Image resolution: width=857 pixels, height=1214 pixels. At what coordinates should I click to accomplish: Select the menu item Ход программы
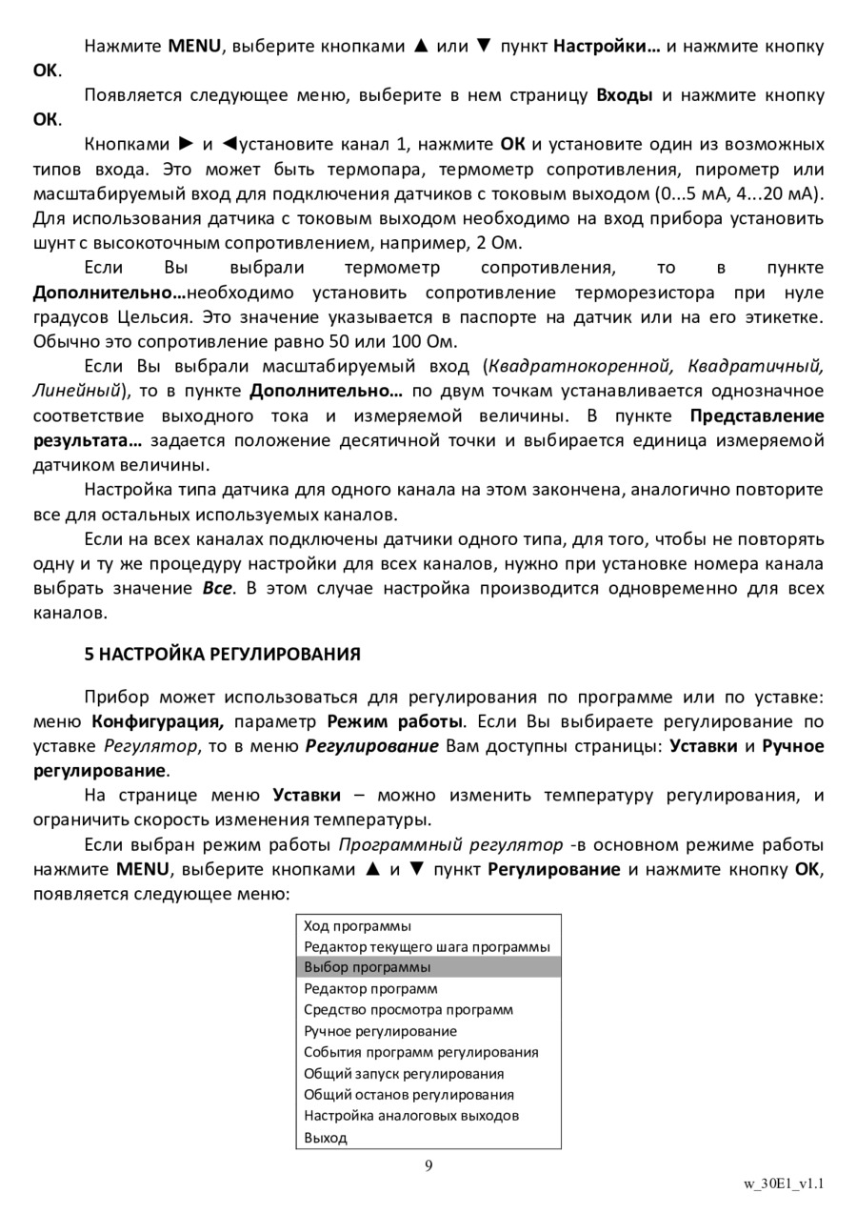coord(357,925)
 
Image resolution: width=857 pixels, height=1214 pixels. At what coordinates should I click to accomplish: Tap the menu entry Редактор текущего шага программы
coord(427,946)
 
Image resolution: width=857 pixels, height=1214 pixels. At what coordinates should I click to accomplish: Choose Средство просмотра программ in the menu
coord(408,1009)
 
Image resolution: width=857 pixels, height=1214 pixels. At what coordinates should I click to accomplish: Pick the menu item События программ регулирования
coord(421,1052)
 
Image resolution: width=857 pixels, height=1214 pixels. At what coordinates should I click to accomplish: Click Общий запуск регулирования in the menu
coord(404,1073)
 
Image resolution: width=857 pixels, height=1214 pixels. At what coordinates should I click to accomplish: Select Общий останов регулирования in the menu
coord(409,1094)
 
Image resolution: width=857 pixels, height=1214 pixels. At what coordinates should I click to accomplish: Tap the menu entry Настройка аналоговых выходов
coord(411,1115)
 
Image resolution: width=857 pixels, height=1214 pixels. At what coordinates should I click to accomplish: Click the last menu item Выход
coord(326,1137)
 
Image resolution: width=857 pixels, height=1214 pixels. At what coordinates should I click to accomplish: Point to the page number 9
coord(428,1165)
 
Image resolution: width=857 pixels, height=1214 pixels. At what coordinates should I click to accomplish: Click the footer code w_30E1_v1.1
coord(784,1184)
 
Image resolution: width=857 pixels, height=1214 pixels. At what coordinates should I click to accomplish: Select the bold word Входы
coord(624,95)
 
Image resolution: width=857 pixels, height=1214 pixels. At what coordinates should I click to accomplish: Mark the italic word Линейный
coord(77,391)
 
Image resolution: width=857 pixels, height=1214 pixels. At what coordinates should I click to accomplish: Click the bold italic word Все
coord(217,588)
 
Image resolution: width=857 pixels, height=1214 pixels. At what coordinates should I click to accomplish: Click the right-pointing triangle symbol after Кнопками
coord(187,145)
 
